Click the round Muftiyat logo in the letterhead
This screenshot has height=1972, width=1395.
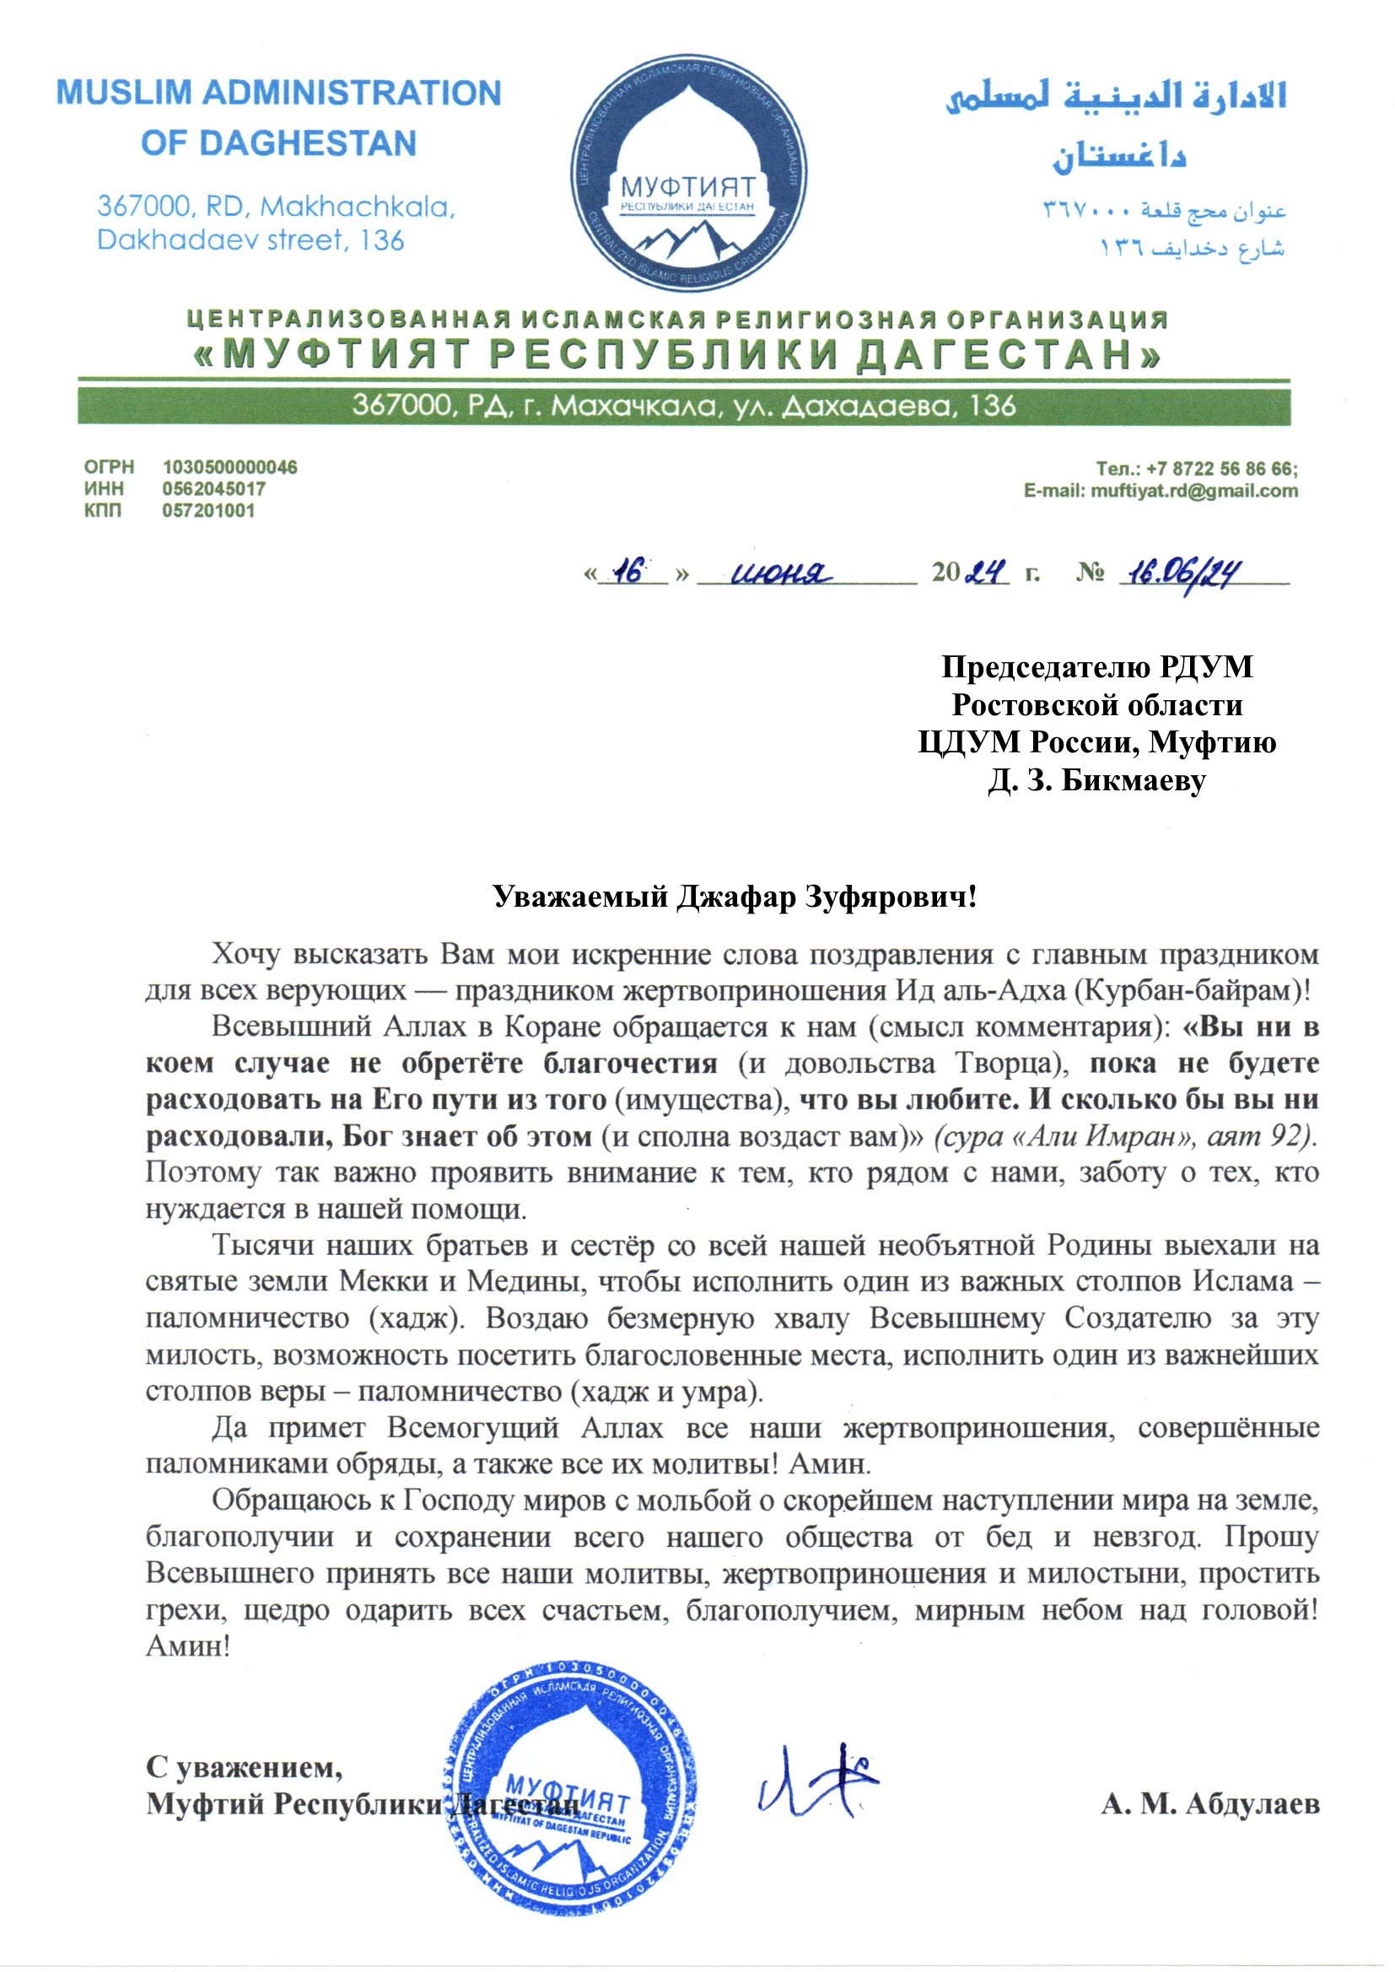point(688,171)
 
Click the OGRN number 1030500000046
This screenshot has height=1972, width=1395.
point(229,467)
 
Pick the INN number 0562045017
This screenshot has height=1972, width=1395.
point(214,488)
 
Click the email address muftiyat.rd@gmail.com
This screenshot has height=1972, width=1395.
point(1194,490)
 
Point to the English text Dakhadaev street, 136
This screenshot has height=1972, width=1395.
point(250,240)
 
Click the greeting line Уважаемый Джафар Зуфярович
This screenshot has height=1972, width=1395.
point(735,897)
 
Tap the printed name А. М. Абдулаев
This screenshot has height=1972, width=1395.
point(1210,1804)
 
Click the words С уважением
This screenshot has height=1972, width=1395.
point(244,1768)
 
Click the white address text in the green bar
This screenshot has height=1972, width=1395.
point(684,406)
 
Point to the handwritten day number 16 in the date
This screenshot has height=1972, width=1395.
point(632,572)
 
